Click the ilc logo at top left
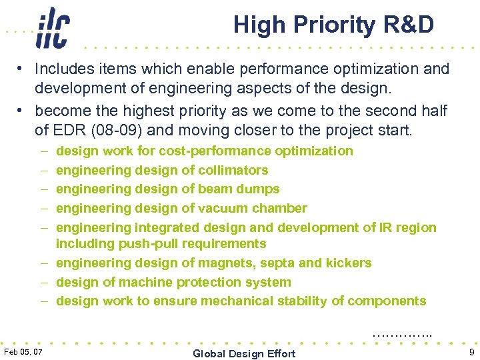pos(52,28)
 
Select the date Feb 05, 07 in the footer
pos(23,351)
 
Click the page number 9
pos(471,351)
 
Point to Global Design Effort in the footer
pos(244,353)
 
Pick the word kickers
pos(346,263)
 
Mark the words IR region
pos(408,227)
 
